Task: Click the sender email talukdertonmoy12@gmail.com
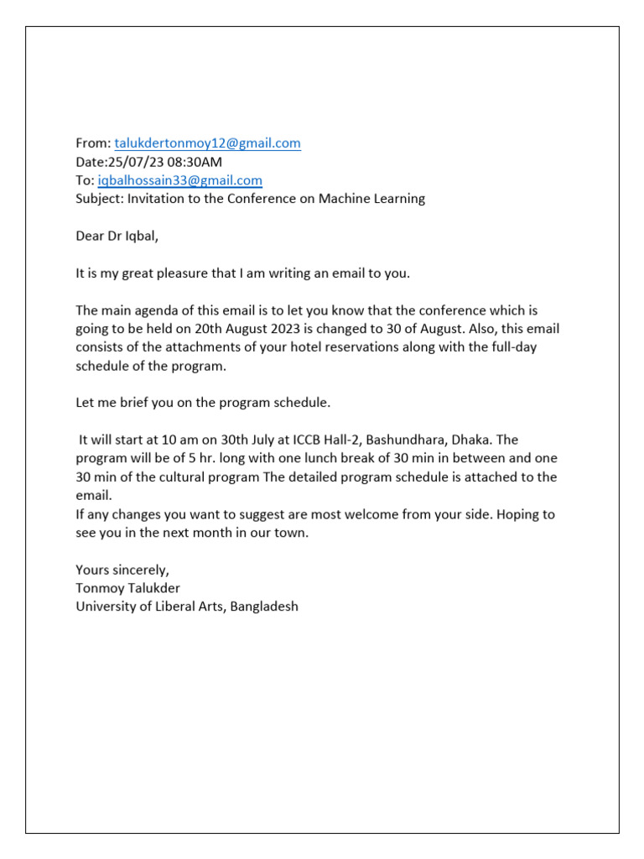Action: (207, 143)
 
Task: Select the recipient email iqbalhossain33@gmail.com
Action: (179, 180)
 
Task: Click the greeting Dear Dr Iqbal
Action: (117, 236)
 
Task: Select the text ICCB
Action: (299, 440)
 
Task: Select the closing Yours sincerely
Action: (122, 569)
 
